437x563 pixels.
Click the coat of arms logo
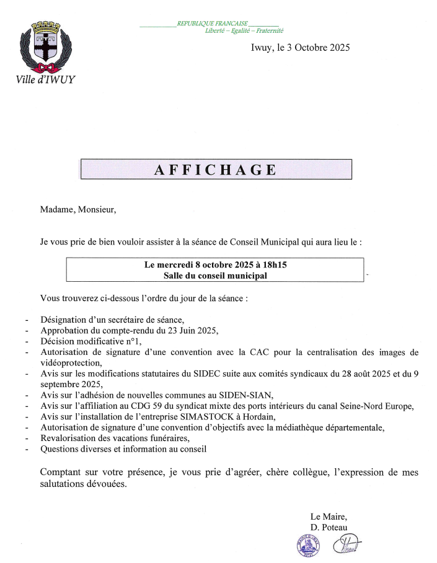(45, 47)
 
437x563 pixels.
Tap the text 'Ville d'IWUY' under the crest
(45, 79)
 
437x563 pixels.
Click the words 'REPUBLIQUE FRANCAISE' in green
(212, 24)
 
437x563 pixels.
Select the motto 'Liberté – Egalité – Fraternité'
(244, 30)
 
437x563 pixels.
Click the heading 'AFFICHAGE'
(216, 170)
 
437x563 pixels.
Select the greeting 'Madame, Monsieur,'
(78, 209)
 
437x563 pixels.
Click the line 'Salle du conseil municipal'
(215, 276)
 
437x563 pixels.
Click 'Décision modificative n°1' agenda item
(90, 341)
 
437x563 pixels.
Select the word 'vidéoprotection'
(69, 363)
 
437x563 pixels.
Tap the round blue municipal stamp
(307, 546)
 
